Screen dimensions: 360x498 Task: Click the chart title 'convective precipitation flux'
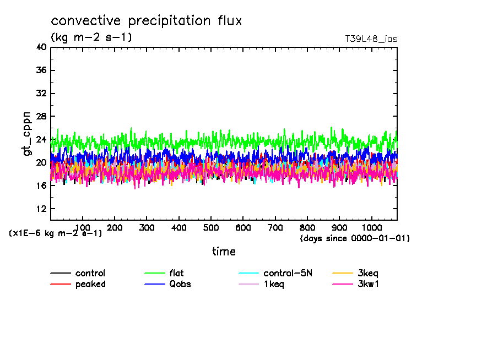[146, 21]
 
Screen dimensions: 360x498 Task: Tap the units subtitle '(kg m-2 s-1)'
[91, 37]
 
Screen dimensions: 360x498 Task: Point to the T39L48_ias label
[371, 39]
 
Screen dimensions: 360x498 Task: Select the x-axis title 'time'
[224, 252]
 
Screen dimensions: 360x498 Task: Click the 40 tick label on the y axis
[41, 47]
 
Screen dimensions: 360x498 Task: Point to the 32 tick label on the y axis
[41, 94]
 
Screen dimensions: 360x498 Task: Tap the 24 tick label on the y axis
[41, 140]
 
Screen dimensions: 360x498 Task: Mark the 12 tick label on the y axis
[41, 209]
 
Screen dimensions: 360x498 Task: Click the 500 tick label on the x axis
[275, 228]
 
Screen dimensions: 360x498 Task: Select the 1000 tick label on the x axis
[371, 228]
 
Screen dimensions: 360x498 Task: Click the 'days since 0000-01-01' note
[355, 238]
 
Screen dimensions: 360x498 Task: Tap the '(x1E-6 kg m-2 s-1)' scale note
[56, 233]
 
